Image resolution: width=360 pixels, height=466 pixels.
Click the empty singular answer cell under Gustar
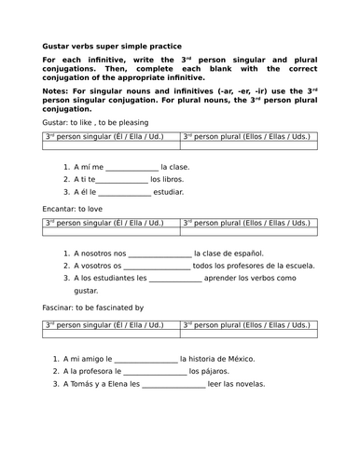(111, 145)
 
